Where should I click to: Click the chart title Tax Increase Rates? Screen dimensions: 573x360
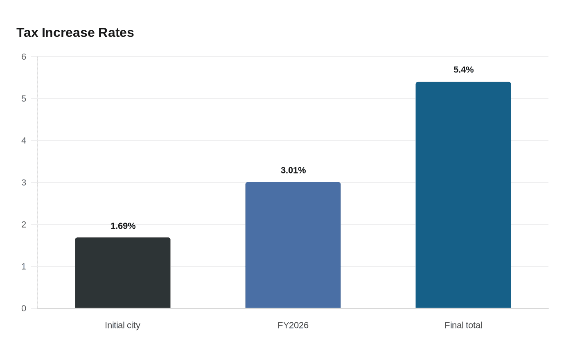75,33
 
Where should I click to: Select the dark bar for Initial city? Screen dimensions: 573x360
123,273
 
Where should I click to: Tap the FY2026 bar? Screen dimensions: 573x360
293,245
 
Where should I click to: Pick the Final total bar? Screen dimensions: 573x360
463,195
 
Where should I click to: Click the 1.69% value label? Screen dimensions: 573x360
123,226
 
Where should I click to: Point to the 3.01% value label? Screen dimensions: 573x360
293,170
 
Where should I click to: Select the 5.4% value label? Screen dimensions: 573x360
463,70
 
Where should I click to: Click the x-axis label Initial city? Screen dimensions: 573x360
122,326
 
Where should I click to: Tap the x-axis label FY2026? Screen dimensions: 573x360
293,326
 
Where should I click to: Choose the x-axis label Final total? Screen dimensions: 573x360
463,326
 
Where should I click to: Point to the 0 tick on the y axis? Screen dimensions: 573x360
24,308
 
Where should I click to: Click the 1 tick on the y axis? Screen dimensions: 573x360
24,267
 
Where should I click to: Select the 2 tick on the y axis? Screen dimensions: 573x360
24,225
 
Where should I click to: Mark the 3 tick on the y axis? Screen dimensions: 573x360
24,182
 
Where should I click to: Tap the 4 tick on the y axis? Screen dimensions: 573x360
24,141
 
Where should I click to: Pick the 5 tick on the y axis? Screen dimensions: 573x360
24,99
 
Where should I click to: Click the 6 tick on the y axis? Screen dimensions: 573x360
24,57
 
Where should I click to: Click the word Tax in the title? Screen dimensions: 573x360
27,33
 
